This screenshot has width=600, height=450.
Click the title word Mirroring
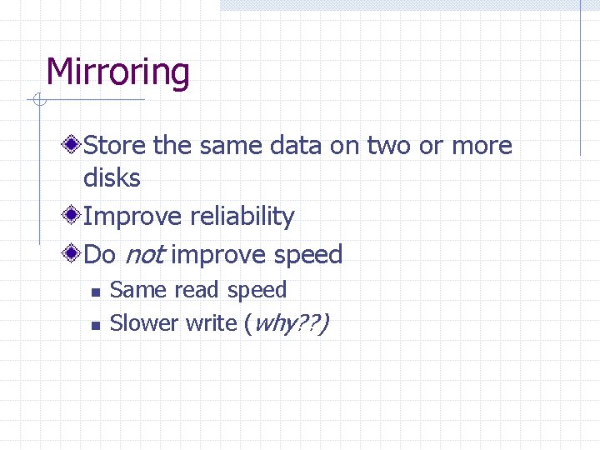pos(117,72)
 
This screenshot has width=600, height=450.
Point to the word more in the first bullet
pos(482,146)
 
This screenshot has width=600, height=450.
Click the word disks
pos(112,177)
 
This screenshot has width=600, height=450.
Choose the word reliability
pos(242,217)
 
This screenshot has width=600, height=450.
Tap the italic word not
pos(143,255)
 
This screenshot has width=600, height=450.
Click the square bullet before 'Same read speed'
pos(95,292)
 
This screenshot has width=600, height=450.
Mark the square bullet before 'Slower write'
pos(95,325)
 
